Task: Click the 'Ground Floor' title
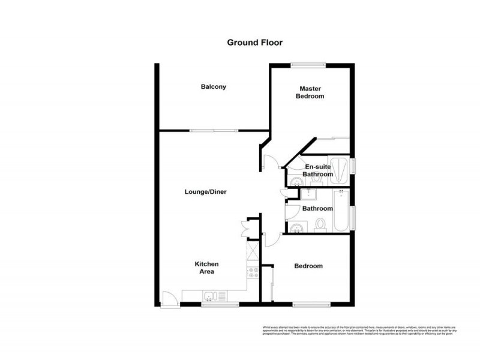click(254, 43)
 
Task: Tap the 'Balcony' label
click(213, 87)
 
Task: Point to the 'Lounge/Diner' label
click(205, 192)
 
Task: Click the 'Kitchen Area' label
click(206, 268)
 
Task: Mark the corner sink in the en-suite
click(295, 182)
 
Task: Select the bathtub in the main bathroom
click(340, 211)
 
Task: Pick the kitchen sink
click(211, 296)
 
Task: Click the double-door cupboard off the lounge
click(246, 228)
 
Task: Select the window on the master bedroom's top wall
click(308, 65)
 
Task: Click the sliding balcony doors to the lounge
click(213, 130)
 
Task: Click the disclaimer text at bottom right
click(359, 330)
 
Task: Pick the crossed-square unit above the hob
click(252, 248)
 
